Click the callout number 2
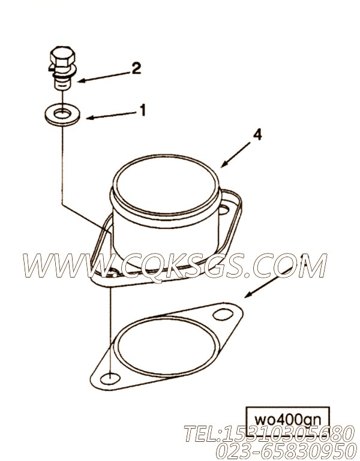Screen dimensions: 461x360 [136, 68]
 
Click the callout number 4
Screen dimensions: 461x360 [257, 135]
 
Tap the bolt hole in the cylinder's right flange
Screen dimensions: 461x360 [226, 209]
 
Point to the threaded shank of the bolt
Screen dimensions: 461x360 [59, 81]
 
